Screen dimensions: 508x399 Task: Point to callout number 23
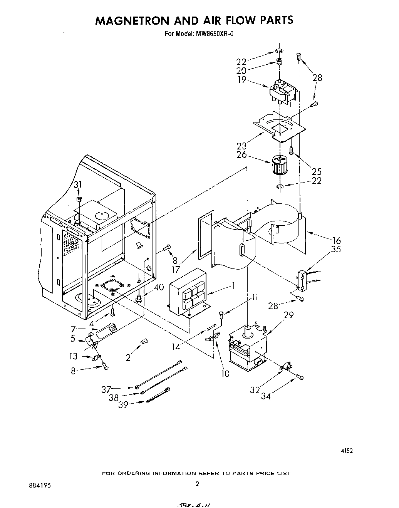241,146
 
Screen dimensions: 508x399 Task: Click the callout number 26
241,154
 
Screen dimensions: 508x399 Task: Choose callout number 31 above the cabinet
78,185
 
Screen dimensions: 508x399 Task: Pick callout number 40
158,287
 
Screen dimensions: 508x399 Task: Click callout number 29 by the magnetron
288,315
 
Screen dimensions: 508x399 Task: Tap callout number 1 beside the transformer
233,286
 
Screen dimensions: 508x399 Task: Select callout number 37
106,389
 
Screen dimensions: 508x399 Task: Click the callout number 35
336,249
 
